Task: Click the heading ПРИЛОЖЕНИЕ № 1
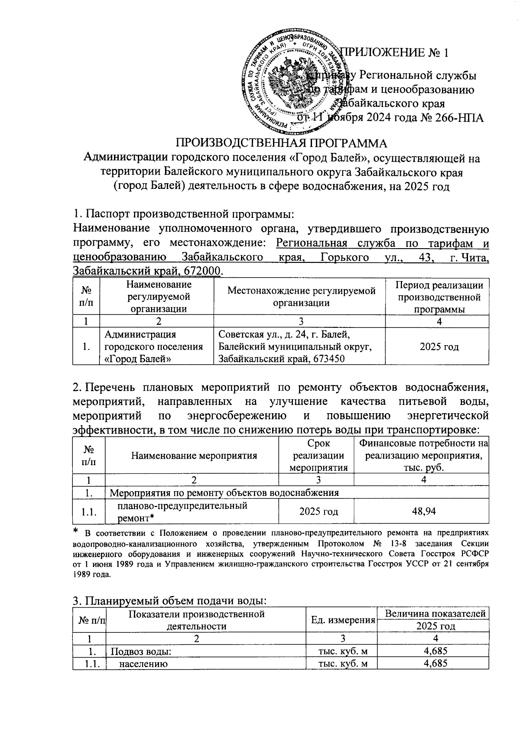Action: tap(394, 53)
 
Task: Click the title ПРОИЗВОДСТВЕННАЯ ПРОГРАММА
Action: tap(281, 143)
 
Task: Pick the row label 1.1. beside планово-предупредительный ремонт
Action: tap(89, 512)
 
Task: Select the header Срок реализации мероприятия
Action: tap(318, 456)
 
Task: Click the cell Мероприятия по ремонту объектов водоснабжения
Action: tap(224, 492)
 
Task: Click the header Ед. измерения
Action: tap(343, 620)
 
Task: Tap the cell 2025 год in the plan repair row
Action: tap(318, 511)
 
